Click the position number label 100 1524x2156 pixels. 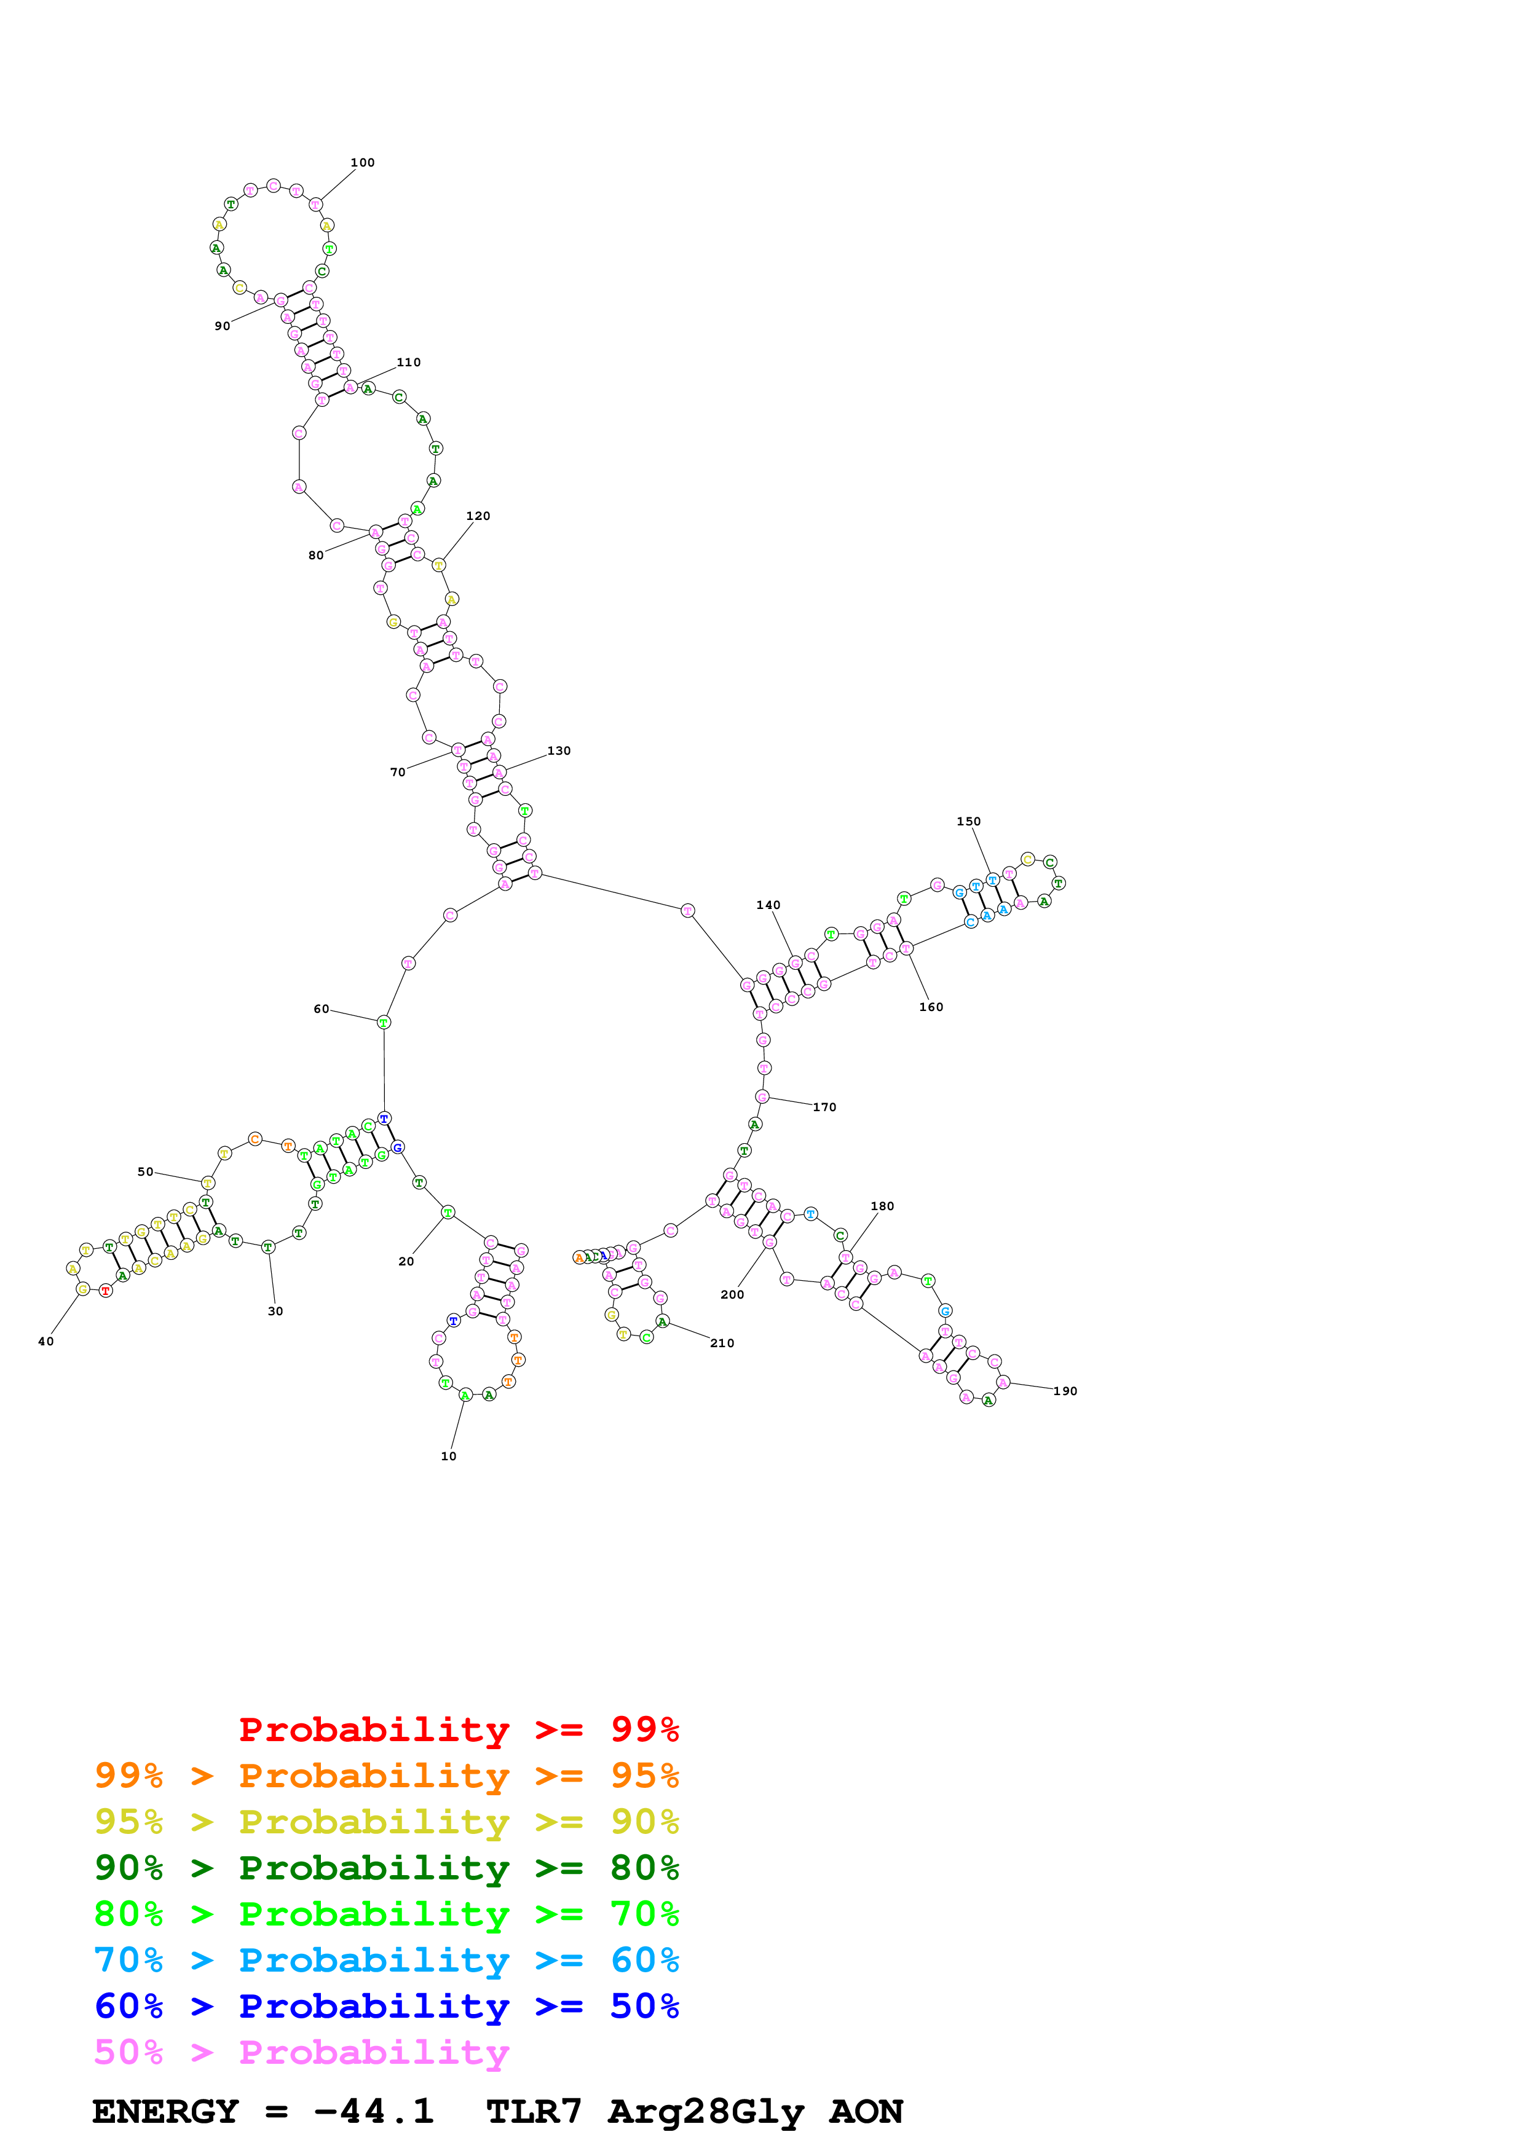pyautogui.click(x=363, y=162)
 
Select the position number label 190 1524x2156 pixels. pyautogui.click(x=1065, y=1391)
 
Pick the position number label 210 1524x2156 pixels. pyautogui.click(x=722, y=1343)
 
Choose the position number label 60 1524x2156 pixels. pyautogui.click(x=321, y=1009)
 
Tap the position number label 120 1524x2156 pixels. pyautogui.click(x=478, y=516)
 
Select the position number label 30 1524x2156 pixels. pyautogui.click(x=275, y=1311)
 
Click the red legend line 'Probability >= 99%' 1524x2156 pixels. pyautogui.click(x=458, y=1729)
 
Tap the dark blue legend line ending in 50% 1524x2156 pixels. pyautogui.click(x=386, y=2006)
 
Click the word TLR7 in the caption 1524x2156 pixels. pyautogui.click(x=534, y=2112)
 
